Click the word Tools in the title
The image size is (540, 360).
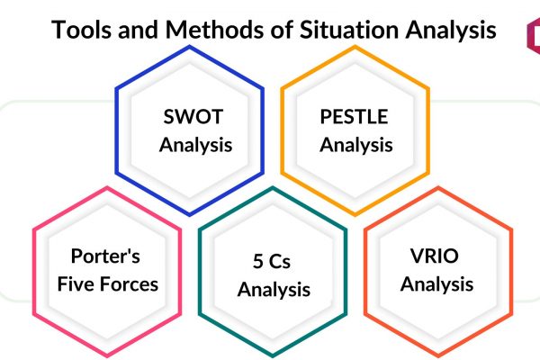tap(82, 30)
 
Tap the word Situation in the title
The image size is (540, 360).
tap(349, 30)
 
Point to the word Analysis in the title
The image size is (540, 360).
tap(451, 30)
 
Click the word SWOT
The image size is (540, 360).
tap(193, 116)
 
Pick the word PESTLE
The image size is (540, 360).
tap(354, 116)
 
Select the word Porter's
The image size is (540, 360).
tap(105, 256)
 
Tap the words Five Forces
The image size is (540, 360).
tap(108, 284)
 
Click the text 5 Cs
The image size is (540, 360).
tap(272, 261)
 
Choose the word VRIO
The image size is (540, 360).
tap(435, 256)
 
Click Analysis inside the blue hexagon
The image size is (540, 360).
tap(195, 145)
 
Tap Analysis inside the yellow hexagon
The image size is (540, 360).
tap(356, 145)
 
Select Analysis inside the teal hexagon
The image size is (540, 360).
tap(274, 290)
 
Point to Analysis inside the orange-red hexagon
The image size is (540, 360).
tap(436, 284)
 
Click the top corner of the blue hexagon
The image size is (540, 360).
tap(189, 47)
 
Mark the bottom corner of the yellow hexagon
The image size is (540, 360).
tap(355, 215)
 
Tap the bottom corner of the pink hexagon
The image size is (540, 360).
tap(107, 355)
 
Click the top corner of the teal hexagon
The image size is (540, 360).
tap(273, 188)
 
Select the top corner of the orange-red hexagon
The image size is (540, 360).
tap(438, 188)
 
